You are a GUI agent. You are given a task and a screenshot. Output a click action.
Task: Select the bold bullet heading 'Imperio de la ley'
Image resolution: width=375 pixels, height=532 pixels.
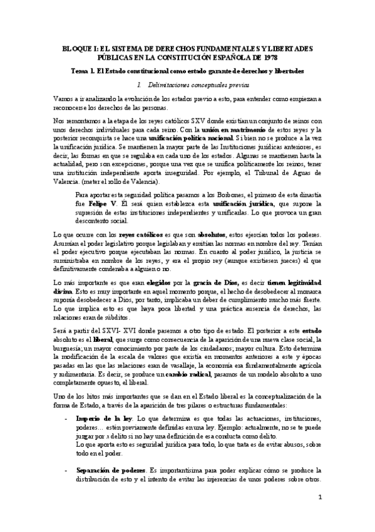[103, 417]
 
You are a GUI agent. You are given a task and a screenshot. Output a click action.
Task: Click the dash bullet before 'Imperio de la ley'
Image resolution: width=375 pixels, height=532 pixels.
[67, 417]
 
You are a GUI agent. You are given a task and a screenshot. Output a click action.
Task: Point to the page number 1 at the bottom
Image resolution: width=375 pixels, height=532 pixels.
[319, 498]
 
